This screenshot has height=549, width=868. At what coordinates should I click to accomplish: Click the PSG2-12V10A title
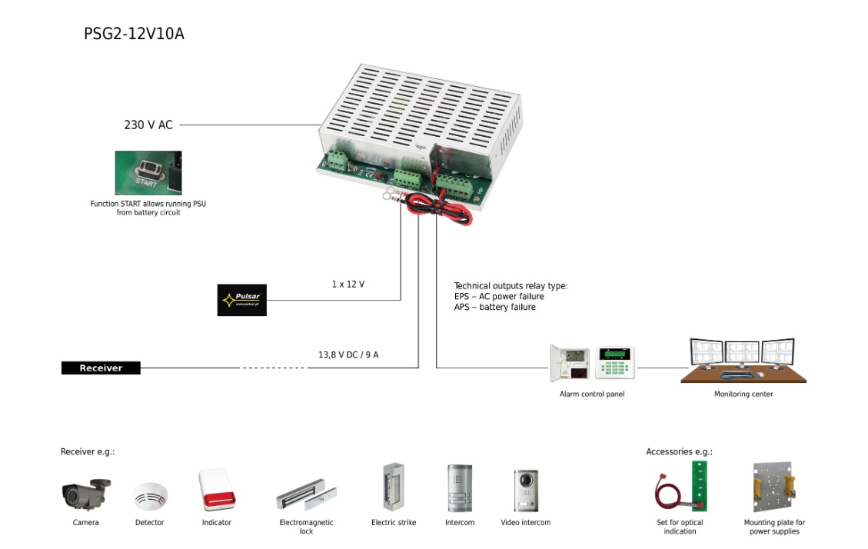134,35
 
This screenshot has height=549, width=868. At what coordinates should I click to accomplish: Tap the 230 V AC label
148,125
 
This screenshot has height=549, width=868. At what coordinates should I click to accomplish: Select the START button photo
148,173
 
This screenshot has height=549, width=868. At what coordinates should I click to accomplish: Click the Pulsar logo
241,300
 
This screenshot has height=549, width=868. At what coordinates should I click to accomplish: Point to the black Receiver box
101,368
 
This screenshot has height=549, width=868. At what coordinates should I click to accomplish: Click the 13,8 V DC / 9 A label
348,355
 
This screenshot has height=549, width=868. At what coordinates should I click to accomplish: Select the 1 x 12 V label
348,284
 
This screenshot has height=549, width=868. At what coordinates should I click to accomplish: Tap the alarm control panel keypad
616,362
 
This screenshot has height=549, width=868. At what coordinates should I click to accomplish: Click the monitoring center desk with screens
743,361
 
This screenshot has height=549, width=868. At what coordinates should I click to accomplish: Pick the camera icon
85,494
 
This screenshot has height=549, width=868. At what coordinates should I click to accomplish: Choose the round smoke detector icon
149,497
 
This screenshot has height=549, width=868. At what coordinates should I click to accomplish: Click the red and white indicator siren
216,490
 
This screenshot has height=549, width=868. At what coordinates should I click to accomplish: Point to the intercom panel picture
460,489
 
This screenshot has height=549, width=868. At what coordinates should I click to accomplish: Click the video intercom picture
526,491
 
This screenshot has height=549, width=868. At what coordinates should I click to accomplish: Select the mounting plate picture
773,487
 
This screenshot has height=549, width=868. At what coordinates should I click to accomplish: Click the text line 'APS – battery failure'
494,308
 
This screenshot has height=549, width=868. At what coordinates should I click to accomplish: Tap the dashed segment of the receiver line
272,368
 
